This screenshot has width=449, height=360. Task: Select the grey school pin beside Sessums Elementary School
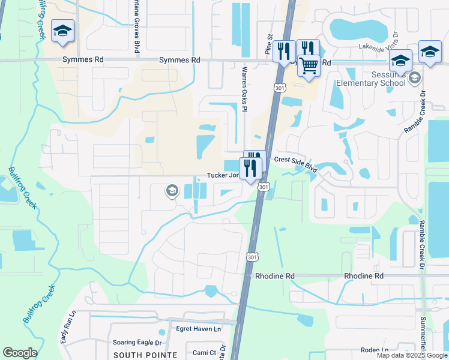(414, 78)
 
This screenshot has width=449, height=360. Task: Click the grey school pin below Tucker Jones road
(172, 191)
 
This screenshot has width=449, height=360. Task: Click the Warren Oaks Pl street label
(244, 89)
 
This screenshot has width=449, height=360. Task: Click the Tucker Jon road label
(223, 175)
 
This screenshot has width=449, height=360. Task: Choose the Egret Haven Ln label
(198, 329)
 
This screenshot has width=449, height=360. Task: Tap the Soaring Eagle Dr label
(137, 343)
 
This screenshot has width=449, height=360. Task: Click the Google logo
(20, 353)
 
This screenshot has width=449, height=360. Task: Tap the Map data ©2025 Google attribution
(412, 355)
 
